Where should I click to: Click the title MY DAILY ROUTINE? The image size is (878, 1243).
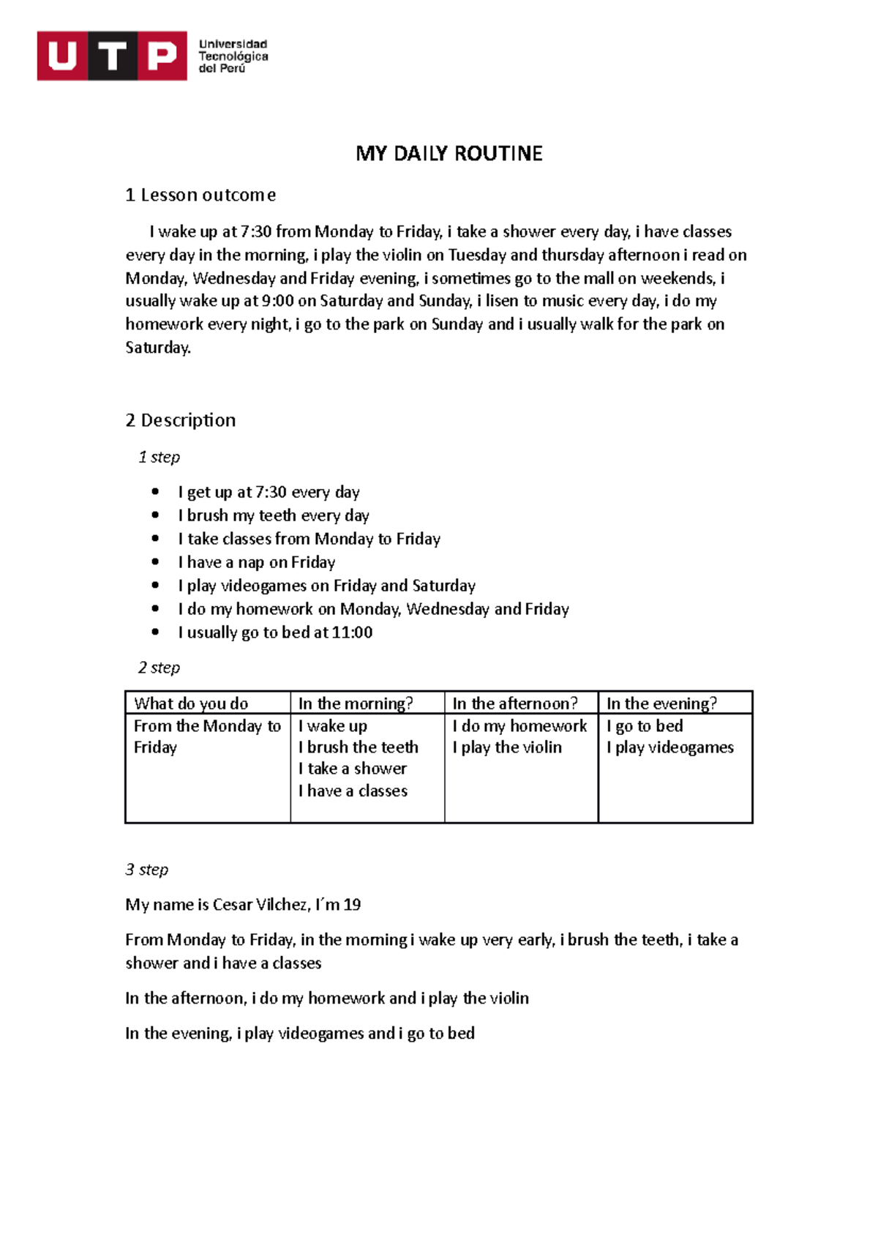449,154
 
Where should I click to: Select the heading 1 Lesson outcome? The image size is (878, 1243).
200,195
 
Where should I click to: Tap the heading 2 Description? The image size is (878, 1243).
181,420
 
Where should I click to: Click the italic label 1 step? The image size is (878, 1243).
159,457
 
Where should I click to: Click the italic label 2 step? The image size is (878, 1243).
159,668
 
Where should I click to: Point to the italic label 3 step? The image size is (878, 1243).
147,870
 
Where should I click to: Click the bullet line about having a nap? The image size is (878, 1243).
257,562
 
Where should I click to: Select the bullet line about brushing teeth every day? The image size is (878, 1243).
274,515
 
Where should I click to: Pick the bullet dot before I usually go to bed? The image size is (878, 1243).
155,632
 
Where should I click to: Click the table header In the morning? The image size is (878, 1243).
356,703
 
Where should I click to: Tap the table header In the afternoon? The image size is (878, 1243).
515,703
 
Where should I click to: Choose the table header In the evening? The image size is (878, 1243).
661,703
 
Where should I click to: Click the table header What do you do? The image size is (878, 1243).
191,703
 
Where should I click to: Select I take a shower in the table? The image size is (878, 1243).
353,769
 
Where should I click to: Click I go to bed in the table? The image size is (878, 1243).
645,726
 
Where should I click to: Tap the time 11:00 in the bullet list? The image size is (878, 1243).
352,632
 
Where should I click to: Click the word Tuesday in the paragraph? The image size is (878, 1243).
477,255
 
